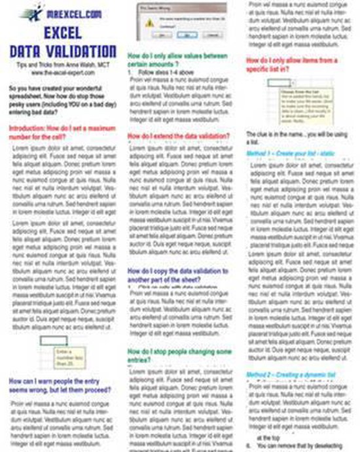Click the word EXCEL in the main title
pyautogui.click(x=63, y=33)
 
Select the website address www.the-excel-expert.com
pyautogui.click(x=63, y=74)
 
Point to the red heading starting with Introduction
pyautogui.click(x=63, y=133)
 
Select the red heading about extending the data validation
pyautogui.click(x=178, y=135)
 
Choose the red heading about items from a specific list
pyautogui.click(x=291, y=64)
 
